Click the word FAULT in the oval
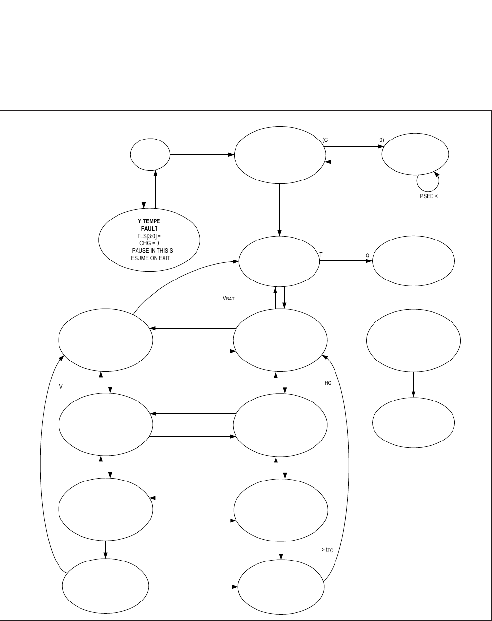click(x=149, y=228)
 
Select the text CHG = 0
click(x=149, y=243)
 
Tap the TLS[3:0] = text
click(x=149, y=236)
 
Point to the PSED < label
click(x=427, y=197)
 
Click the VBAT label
click(x=228, y=298)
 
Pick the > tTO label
click(x=327, y=550)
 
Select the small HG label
click(x=328, y=383)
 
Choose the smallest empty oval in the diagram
click(x=150, y=155)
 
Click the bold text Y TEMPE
click(x=149, y=221)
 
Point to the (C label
click(x=325, y=140)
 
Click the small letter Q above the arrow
click(x=367, y=255)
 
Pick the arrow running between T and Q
click(x=346, y=261)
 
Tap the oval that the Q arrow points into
click(x=413, y=261)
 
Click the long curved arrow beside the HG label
click(x=347, y=463)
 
